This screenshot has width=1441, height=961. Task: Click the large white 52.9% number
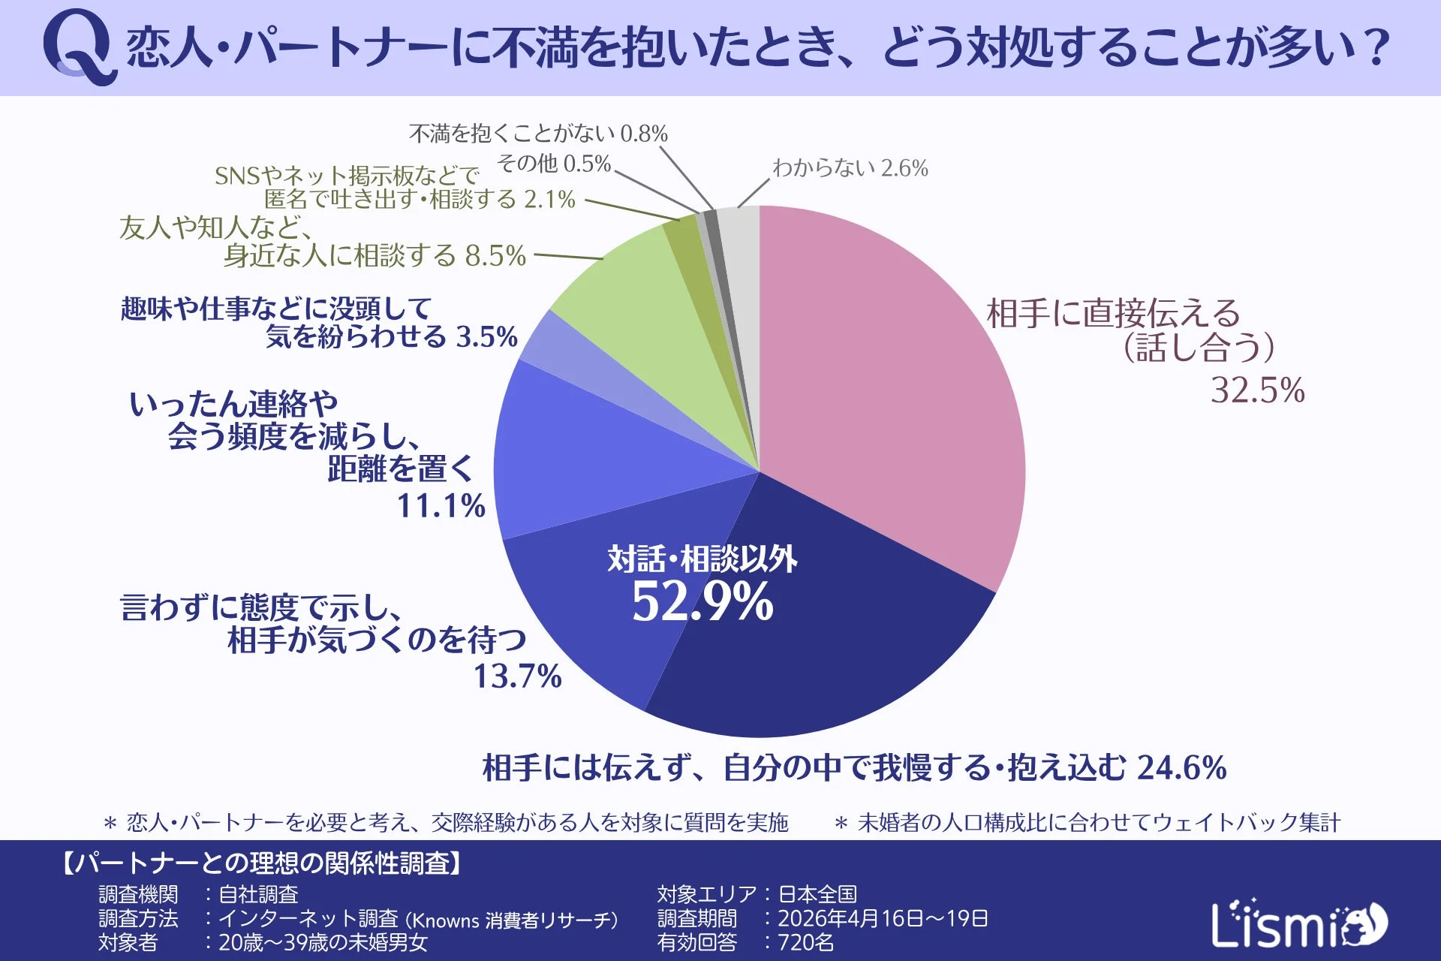click(702, 602)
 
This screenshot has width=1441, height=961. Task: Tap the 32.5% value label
click(1257, 391)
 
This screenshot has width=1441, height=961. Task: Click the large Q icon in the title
click(78, 47)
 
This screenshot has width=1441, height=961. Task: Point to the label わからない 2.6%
click(850, 167)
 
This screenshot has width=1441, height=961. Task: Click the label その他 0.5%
click(554, 164)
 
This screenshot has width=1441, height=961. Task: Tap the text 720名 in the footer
click(806, 942)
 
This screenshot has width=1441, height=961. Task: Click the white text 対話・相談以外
click(702, 559)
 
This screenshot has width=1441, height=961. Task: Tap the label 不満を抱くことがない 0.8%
click(538, 134)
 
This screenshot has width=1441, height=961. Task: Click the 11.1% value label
click(441, 505)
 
